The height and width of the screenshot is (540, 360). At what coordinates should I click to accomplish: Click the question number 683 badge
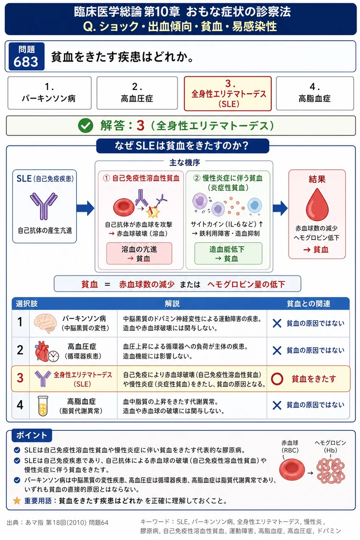tap(26, 56)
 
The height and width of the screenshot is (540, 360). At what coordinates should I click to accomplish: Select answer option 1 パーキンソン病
tap(49, 93)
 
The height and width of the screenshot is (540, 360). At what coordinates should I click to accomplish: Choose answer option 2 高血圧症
tap(137, 93)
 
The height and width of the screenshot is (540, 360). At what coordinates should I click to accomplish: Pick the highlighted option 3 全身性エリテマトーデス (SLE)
tap(227, 94)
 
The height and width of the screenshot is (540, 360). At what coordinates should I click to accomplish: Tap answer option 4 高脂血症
tap(315, 93)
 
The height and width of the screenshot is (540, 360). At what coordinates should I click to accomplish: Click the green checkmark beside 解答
tap(86, 126)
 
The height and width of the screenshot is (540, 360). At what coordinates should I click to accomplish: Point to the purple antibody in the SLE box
tap(43, 206)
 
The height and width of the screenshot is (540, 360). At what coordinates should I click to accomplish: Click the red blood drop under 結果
tap(317, 205)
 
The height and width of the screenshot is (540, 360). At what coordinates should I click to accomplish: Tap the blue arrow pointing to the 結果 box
tap(280, 208)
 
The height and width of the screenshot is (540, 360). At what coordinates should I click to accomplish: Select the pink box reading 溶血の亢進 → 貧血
tap(139, 254)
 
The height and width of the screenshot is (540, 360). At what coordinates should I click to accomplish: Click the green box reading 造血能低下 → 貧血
tap(228, 254)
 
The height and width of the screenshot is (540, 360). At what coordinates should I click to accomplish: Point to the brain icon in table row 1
tap(45, 323)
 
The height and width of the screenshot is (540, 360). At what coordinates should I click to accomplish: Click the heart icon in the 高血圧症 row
tap(43, 351)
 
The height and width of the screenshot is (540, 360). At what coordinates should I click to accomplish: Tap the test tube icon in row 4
tap(43, 406)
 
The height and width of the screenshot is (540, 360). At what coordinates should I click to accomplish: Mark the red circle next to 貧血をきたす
tap(277, 379)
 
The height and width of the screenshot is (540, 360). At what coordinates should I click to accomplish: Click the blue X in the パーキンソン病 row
tap(277, 323)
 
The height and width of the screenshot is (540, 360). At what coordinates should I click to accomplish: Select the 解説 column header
tap(172, 303)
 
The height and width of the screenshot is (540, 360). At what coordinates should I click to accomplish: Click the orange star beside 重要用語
tap(17, 501)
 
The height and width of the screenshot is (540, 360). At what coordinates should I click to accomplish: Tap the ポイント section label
tap(32, 435)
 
